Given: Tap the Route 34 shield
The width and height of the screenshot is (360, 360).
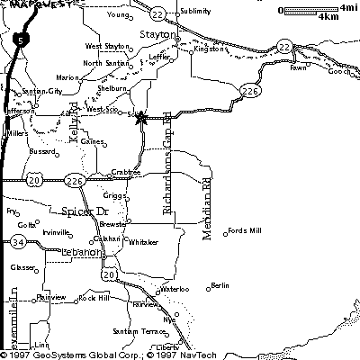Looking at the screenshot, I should (19, 242).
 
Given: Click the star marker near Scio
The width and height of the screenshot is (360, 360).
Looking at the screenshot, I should (140, 118).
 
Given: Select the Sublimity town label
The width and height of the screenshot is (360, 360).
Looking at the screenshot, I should (195, 11).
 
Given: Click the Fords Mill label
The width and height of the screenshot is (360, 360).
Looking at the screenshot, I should (245, 231).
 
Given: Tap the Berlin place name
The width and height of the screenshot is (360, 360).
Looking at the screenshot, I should (220, 285).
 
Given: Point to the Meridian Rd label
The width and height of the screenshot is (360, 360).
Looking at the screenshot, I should (206, 208).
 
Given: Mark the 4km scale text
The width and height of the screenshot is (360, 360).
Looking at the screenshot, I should (328, 17).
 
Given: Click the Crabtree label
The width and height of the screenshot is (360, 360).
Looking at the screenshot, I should (125, 171).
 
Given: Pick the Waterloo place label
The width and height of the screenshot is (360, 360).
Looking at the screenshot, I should (175, 289).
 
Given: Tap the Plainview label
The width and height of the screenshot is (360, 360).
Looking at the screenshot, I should (51, 297).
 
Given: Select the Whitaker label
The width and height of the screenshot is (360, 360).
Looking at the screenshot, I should (144, 242).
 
